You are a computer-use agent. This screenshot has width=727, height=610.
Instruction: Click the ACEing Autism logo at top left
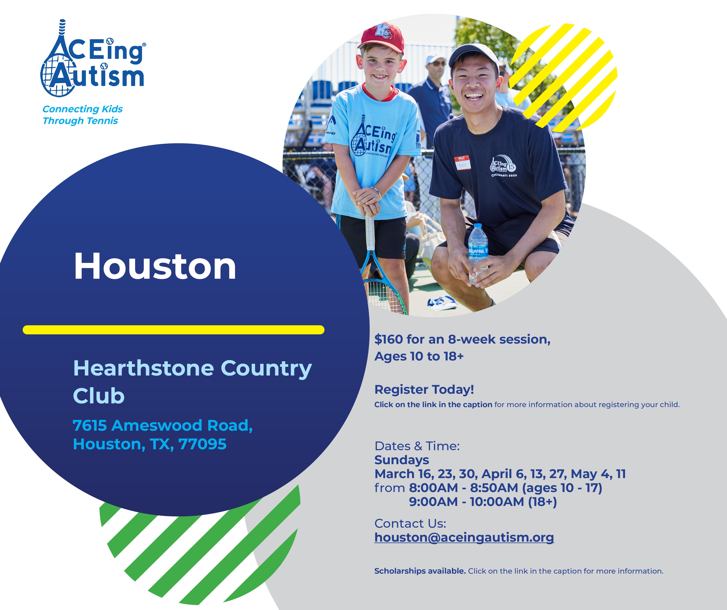(x=93, y=58)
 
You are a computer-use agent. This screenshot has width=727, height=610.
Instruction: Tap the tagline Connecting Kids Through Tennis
(x=82, y=115)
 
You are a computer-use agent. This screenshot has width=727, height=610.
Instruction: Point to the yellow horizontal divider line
(x=173, y=330)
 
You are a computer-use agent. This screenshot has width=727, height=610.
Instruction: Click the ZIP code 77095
(x=202, y=444)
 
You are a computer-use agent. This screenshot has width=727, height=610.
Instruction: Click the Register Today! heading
(x=424, y=390)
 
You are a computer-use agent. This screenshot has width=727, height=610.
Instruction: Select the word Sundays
(x=402, y=460)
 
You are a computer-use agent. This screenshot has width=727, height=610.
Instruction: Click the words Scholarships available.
(x=420, y=571)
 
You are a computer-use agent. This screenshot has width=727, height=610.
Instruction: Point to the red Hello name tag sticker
(x=463, y=163)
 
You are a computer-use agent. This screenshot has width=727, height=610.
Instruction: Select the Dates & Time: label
(x=417, y=446)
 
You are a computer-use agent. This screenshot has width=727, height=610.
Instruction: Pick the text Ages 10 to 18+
(x=419, y=356)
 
